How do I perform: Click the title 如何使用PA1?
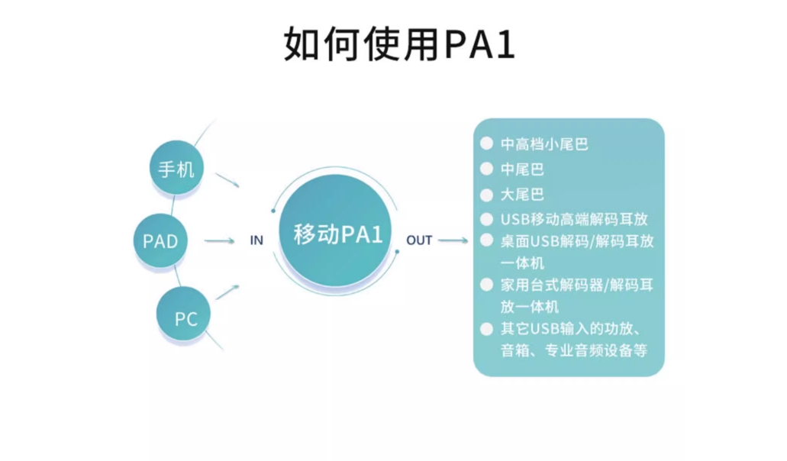399,44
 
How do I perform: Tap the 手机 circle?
176,168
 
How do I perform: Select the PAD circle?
160,240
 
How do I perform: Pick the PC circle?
184,314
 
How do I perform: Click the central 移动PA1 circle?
335,231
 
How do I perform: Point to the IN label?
256,240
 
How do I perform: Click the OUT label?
419,240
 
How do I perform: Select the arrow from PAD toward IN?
219,241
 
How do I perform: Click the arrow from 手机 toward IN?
227,180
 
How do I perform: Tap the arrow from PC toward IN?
227,292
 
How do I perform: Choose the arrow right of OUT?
453,240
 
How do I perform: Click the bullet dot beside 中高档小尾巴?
486,143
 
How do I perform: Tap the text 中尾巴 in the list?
522,169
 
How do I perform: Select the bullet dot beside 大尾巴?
486,194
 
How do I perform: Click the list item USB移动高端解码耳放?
574,219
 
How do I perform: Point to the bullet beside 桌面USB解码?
486,240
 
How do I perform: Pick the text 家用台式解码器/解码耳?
577,285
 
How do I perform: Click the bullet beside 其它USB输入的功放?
486,329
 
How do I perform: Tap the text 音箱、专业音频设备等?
574,350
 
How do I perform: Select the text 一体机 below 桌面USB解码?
522,263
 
